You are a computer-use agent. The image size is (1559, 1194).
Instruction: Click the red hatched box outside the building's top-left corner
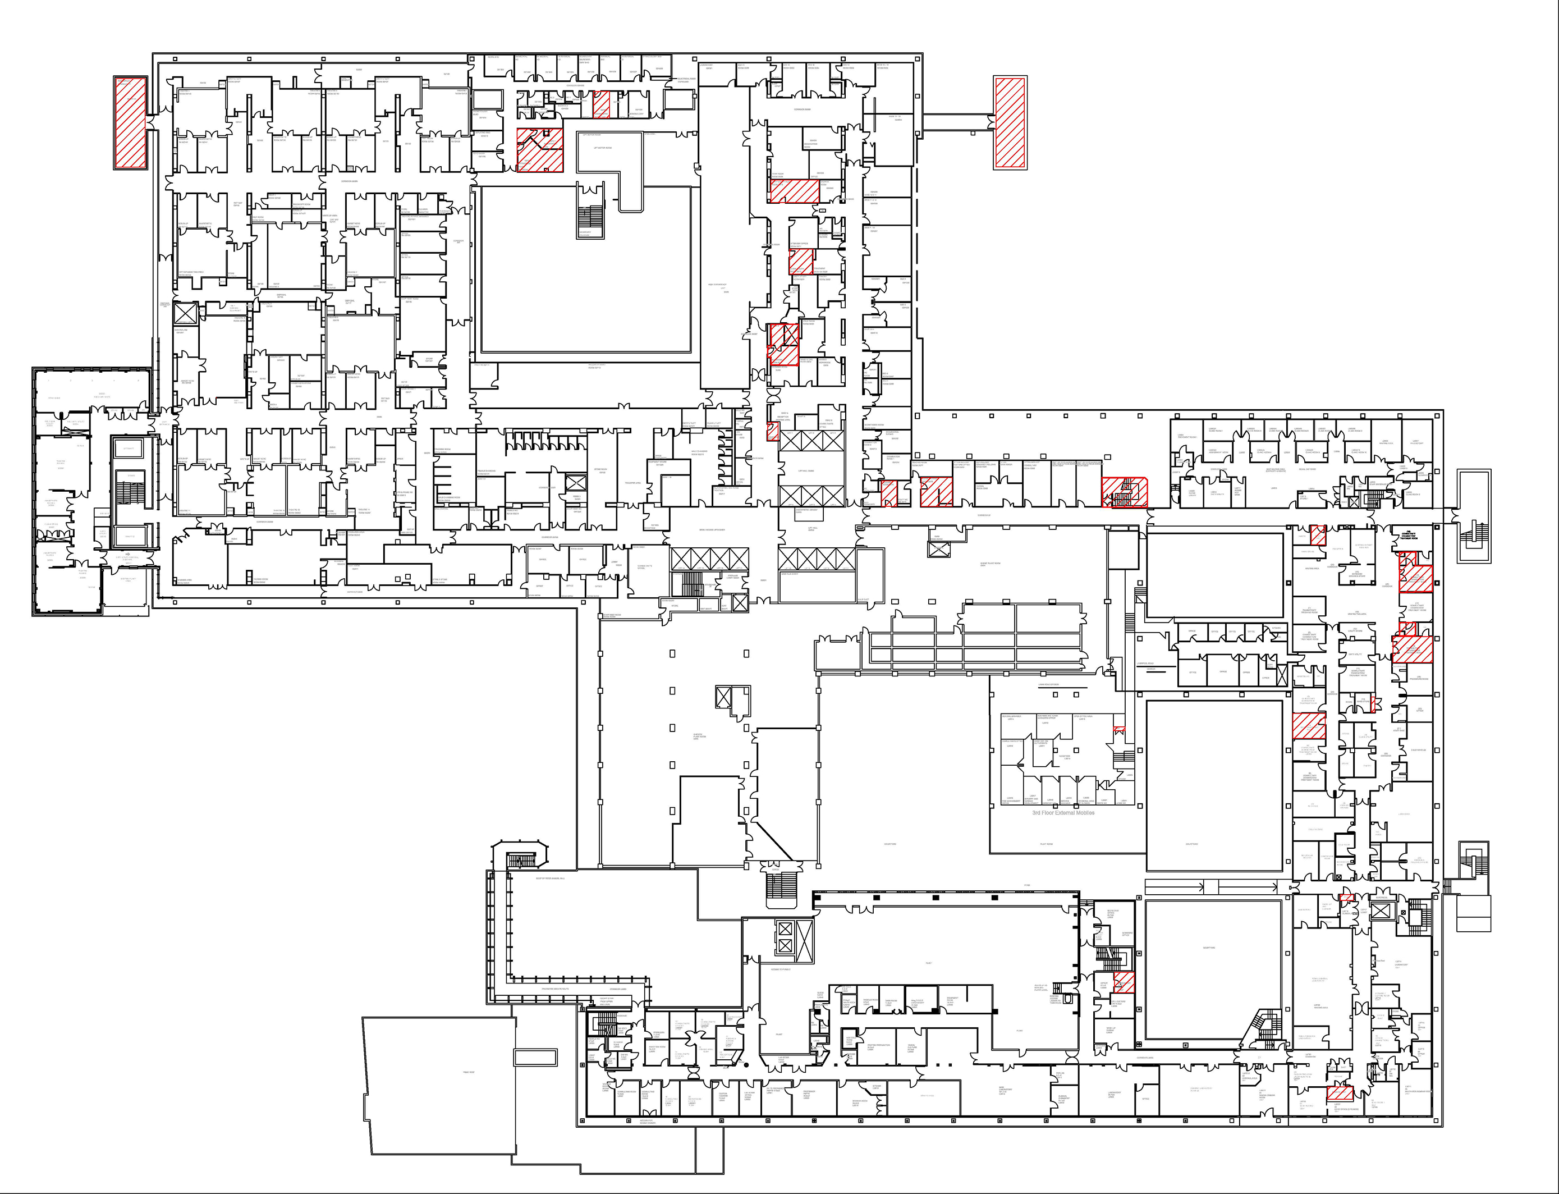point(131,123)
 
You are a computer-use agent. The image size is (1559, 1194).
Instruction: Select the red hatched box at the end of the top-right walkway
point(1010,123)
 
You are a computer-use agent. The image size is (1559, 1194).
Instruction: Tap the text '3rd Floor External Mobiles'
point(1063,812)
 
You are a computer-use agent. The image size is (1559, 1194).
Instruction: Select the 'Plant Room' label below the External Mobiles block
point(1046,844)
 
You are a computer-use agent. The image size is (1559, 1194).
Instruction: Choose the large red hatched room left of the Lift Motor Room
point(539,150)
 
